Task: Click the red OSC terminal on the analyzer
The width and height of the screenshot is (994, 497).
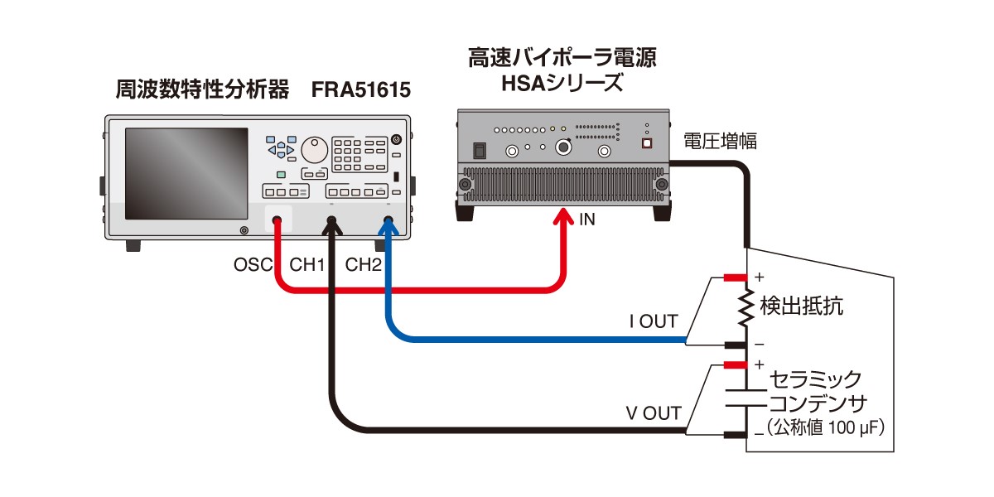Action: coord(277,221)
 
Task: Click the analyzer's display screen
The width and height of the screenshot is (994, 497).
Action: coord(187,172)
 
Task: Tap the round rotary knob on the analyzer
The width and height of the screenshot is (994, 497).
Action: coord(314,150)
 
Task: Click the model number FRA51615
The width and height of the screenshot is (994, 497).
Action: coord(361,89)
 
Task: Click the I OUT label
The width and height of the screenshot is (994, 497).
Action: coord(654,321)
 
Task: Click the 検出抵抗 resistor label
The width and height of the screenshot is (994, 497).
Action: coord(801,307)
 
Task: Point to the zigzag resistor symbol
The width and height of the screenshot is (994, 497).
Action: coord(748,307)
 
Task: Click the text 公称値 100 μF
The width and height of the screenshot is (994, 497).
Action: coord(825,429)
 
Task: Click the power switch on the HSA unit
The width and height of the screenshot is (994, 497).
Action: coord(478,151)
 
